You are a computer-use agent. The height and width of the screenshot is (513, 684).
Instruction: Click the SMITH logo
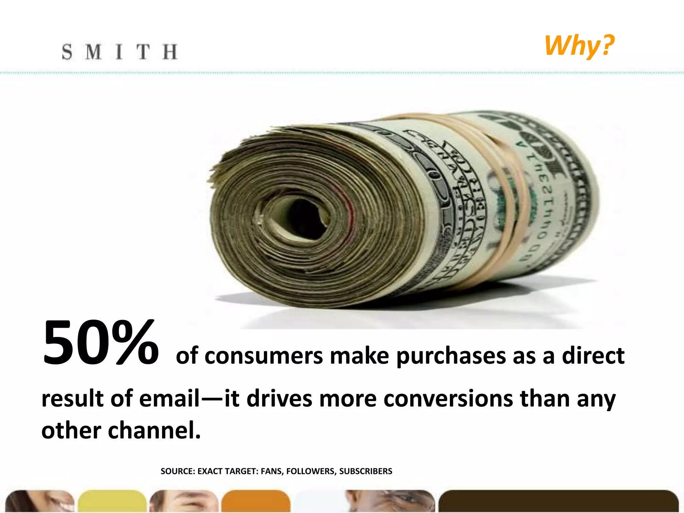click(x=119, y=52)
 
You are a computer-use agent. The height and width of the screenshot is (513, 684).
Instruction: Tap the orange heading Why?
click(x=579, y=46)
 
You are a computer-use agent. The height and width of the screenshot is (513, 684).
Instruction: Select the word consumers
click(x=264, y=356)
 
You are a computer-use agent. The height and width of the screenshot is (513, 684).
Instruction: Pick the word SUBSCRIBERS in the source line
click(x=366, y=471)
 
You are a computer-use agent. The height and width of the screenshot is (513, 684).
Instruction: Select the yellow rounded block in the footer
click(x=112, y=501)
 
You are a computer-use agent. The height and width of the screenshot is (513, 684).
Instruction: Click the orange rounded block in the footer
click(x=255, y=501)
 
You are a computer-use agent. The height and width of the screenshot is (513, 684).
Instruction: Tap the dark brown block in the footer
click(x=558, y=501)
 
